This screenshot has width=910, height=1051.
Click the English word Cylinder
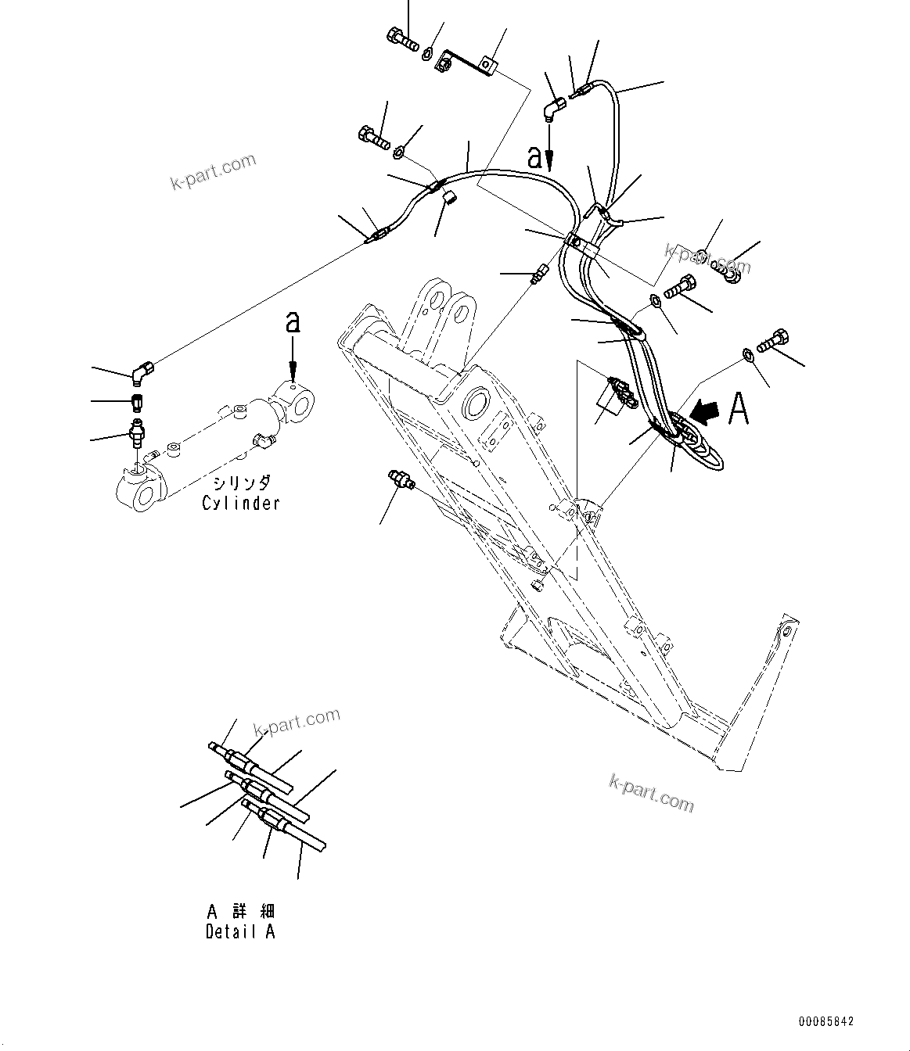click(x=240, y=504)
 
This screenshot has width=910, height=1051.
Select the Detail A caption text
click(x=240, y=931)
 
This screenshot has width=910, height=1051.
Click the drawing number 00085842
click(x=826, y=1021)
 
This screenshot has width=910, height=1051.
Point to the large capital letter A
click(x=739, y=409)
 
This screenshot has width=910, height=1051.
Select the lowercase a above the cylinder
click(x=293, y=322)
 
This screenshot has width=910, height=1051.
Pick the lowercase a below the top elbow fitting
click(x=535, y=158)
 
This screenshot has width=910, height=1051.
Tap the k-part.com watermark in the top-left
click(x=213, y=171)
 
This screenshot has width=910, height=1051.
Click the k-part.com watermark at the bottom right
click(x=651, y=792)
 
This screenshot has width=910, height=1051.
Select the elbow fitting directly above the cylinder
click(x=142, y=374)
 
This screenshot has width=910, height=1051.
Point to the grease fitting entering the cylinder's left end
click(x=138, y=435)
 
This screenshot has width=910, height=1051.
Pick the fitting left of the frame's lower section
click(x=399, y=479)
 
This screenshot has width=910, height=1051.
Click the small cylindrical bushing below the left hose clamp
click(x=450, y=198)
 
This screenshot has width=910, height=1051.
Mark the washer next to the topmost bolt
click(x=428, y=54)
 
